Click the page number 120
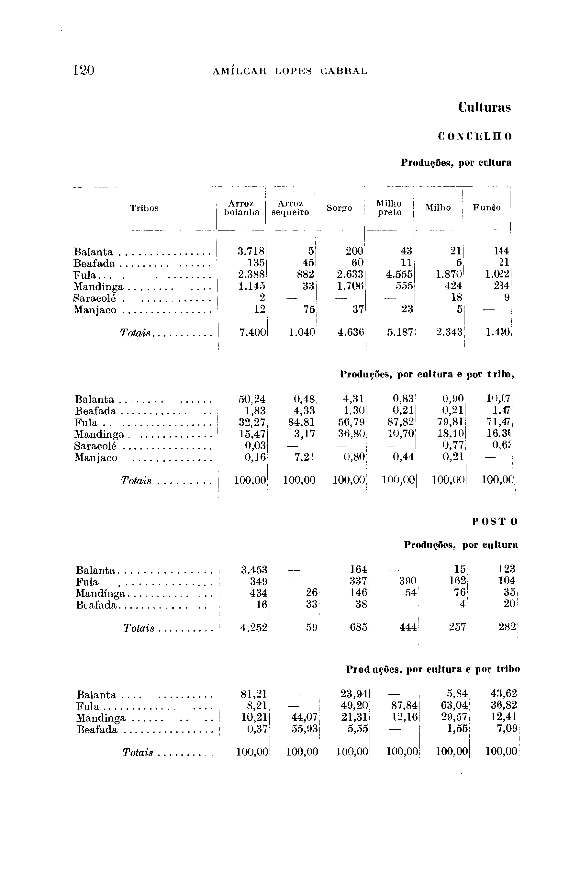[x=84, y=70]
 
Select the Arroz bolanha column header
[x=241, y=208]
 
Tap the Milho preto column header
[x=389, y=208]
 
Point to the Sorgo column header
[x=339, y=208]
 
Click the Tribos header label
[x=144, y=208]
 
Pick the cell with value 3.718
[x=251, y=252]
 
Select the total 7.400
[x=253, y=332]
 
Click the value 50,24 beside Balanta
[x=252, y=399]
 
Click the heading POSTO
[x=495, y=521]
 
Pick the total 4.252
[x=254, y=627]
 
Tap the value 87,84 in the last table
[x=404, y=706]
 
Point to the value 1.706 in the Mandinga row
[x=350, y=287]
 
